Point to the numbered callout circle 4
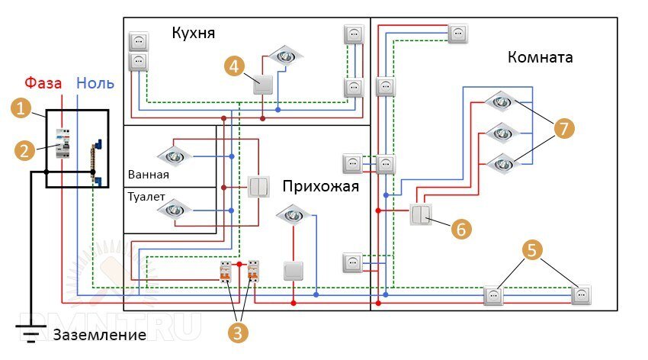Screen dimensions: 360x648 click(235, 66)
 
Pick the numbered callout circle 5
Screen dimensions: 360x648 click(533, 249)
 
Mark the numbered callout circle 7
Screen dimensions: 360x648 click(563, 128)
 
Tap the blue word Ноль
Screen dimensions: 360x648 click(95, 82)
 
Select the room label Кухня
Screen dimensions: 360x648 click(194, 34)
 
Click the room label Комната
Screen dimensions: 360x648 click(539, 57)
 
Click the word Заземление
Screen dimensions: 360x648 click(99, 335)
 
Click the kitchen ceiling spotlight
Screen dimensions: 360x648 click(285, 54)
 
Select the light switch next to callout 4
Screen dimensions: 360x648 click(263, 85)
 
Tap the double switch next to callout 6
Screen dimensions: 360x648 click(420, 214)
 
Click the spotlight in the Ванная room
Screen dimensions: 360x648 click(175, 156)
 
